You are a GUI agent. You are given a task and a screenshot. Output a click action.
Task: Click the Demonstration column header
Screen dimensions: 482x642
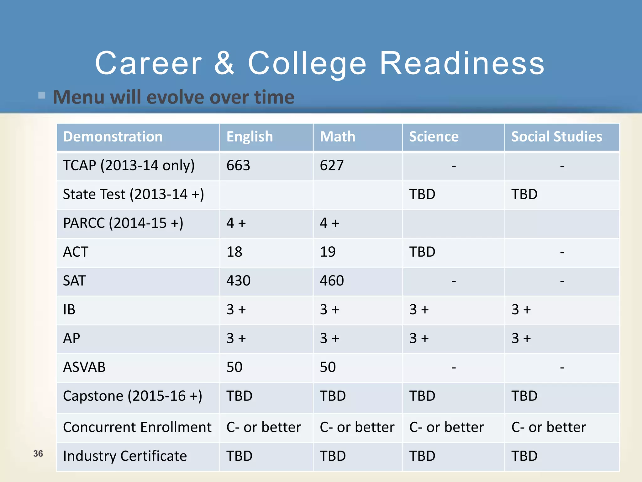pyautogui.click(x=113, y=137)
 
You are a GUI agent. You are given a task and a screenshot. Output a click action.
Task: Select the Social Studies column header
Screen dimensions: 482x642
pyautogui.click(x=556, y=137)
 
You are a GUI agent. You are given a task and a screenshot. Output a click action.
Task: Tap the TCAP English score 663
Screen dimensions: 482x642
pyautogui.click(x=238, y=165)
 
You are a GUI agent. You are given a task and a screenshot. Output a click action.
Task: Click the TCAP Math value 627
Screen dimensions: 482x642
pyautogui.click(x=332, y=165)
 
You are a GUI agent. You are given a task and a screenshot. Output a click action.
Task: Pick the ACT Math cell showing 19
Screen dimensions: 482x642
pyautogui.click(x=328, y=252)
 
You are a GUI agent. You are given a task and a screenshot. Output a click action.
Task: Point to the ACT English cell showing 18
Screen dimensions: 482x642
pyautogui.click(x=234, y=252)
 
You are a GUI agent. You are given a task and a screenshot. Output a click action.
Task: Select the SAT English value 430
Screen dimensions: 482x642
pyautogui.click(x=239, y=281)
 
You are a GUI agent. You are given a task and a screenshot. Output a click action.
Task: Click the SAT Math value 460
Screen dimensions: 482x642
pyautogui.click(x=332, y=281)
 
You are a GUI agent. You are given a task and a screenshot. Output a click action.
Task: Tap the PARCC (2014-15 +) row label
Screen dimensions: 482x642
pyautogui.click(x=123, y=223)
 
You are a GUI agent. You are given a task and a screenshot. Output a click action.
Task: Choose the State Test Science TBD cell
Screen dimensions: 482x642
pyautogui.click(x=422, y=194)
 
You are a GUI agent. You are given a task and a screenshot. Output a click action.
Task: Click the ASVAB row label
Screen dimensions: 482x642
pyautogui.click(x=84, y=367)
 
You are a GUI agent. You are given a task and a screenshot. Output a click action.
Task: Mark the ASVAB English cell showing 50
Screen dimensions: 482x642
pyautogui.click(x=234, y=367)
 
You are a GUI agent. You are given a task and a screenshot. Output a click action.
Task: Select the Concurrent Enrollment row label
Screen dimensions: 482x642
pyautogui.click(x=137, y=427)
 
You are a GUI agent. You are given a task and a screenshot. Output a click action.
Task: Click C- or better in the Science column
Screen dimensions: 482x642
pyautogui.click(x=446, y=427)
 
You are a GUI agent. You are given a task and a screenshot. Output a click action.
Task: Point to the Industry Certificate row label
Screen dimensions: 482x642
pyautogui.click(x=125, y=456)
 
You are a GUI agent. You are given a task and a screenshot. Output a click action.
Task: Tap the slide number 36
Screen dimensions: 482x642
pyautogui.click(x=38, y=453)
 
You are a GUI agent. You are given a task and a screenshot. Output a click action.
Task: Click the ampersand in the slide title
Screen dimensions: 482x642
pyautogui.click(x=224, y=63)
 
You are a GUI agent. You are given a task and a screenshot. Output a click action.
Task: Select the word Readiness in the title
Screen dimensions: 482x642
pyautogui.click(x=462, y=63)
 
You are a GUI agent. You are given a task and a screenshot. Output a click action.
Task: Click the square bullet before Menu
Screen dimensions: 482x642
pyautogui.click(x=42, y=95)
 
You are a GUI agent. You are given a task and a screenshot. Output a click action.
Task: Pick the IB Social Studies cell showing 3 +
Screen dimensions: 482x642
pyautogui.click(x=521, y=310)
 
